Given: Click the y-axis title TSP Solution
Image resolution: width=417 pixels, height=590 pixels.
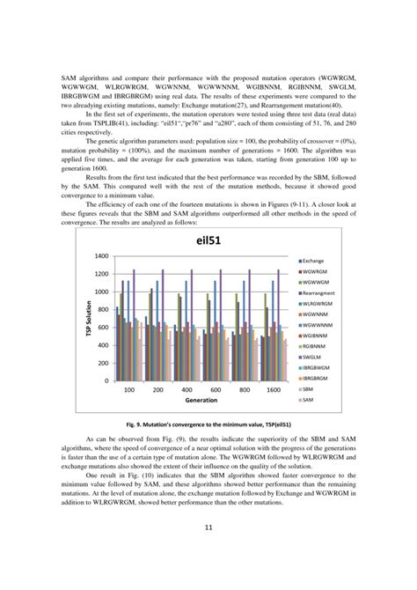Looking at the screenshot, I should pyautogui.click(x=89, y=318).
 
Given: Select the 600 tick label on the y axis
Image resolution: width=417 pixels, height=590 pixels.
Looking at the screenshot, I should pyautogui.click(x=102, y=328).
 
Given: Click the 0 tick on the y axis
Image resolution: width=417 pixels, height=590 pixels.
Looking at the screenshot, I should pyautogui.click(x=106, y=380).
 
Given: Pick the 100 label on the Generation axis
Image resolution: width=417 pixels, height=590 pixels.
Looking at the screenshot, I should pyautogui.click(x=128, y=388).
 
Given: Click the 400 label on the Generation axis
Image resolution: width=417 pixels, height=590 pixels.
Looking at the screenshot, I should pyautogui.click(x=187, y=388).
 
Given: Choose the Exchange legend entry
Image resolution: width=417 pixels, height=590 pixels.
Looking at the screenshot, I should pyautogui.click(x=317, y=262).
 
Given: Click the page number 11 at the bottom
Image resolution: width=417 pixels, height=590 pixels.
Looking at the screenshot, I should pyautogui.click(x=208, y=552).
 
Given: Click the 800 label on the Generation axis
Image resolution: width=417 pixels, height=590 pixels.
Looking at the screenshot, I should pyautogui.click(x=245, y=388).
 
